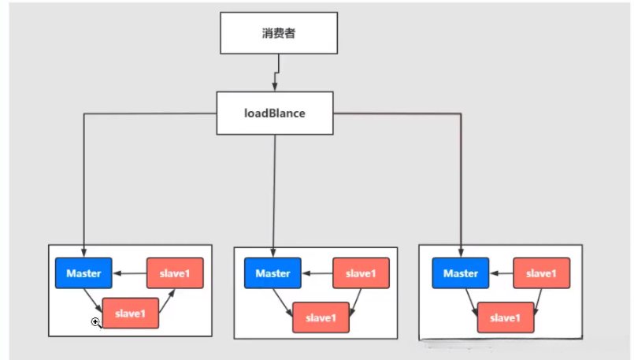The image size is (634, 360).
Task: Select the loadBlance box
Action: point(274,113)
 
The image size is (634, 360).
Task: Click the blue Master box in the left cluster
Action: point(83,273)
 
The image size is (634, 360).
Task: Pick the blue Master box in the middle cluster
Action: point(273,273)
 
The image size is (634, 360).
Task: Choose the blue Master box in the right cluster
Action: point(460,273)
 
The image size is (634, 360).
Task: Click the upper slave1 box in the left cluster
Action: point(175,273)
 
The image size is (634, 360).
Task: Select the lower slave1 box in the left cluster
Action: point(131,313)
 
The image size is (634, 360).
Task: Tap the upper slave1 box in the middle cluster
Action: point(361,273)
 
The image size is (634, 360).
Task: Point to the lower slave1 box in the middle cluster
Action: point(321,317)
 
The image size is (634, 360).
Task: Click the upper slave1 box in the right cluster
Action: point(541,273)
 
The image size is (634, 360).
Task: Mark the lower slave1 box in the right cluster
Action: point(506,317)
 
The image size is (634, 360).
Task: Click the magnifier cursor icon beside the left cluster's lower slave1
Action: point(96,322)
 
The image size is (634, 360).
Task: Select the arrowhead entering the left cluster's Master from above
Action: point(83,253)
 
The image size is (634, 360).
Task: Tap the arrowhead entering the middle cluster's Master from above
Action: point(273,253)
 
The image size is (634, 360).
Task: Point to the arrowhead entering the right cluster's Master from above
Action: point(460,253)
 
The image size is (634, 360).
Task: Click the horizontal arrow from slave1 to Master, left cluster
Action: point(129,273)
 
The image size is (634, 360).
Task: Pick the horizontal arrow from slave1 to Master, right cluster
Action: point(501,273)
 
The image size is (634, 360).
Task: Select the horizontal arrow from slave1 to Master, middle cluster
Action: point(317,273)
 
